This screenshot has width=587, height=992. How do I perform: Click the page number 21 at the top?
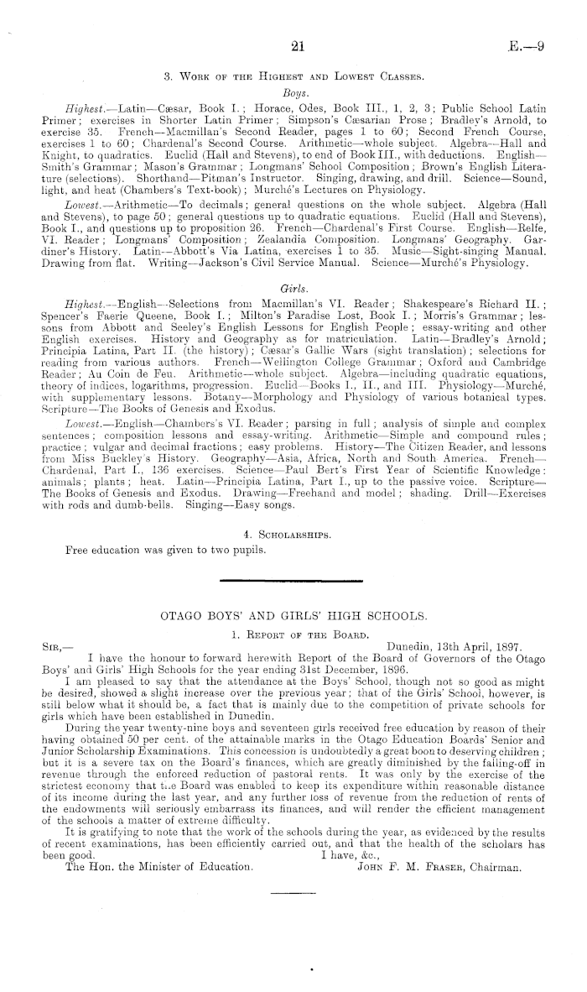pyautogui.click(x=293, y=46)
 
